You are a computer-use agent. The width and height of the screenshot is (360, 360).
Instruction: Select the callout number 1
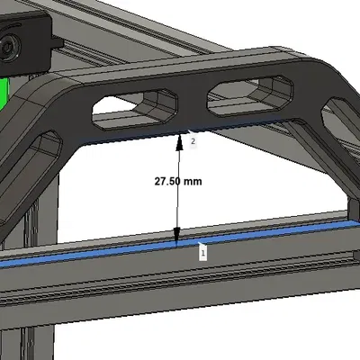tap(202, 254)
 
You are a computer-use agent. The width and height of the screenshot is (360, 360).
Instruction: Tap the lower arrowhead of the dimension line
tap(178, 238)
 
